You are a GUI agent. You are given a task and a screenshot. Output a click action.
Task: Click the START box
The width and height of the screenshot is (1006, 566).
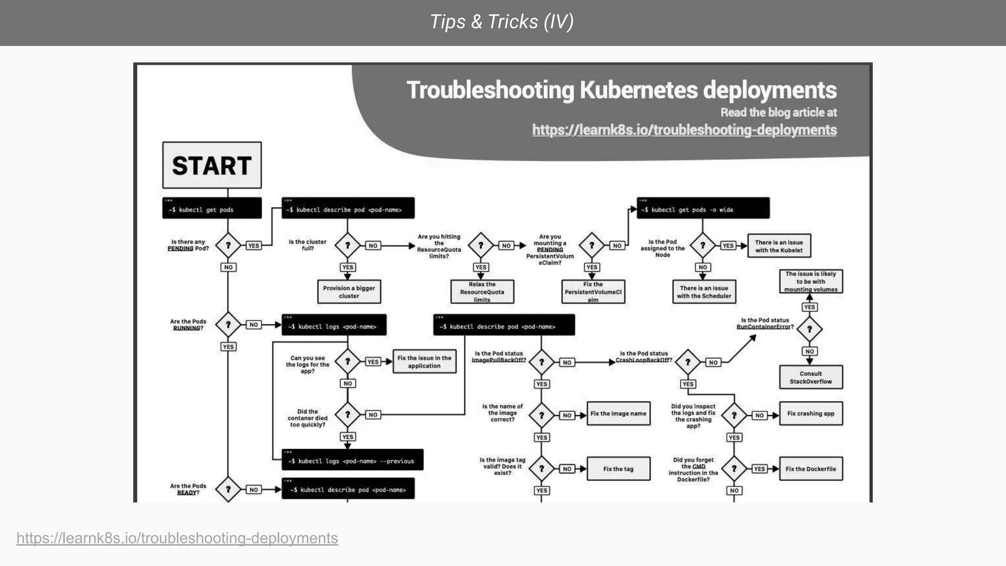(212, 165)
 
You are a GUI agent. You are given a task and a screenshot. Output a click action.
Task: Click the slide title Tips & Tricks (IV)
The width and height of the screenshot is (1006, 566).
(502, 22)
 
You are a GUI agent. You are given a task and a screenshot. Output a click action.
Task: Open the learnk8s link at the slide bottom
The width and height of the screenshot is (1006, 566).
(177, 538)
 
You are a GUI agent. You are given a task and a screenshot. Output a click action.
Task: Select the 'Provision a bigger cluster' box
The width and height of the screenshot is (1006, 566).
(349, 292)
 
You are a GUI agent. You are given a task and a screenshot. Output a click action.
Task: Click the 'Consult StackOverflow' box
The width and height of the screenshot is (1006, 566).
(810, 377)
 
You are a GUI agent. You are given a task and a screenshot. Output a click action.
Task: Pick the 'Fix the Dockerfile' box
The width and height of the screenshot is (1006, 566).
(810, 469)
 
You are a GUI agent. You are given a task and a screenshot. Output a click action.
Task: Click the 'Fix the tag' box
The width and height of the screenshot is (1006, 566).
(618, 469)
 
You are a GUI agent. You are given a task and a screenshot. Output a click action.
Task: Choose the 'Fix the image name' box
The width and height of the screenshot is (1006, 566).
(618, 414)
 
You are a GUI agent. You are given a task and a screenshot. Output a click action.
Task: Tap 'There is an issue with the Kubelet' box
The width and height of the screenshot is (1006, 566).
(779, 246)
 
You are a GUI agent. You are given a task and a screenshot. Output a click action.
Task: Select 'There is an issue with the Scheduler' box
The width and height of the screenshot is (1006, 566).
(704, 292)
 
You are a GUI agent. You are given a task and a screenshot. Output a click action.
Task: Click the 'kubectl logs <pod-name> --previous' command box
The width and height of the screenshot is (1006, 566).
(352, 460)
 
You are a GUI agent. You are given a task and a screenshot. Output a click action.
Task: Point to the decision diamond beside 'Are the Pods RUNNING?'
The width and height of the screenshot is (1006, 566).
(228, 325)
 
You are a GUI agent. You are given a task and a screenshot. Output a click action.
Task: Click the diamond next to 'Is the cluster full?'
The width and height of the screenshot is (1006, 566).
(347, 245)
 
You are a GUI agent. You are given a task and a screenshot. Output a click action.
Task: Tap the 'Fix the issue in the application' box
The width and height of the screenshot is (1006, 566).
(424, 362)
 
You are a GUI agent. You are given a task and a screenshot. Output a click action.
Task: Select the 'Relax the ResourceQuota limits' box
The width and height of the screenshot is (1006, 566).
(482, 292)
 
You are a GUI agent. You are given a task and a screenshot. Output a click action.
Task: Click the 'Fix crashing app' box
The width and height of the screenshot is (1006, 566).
(810, 414)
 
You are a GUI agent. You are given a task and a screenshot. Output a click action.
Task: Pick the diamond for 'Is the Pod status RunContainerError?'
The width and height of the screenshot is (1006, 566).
(810, 329)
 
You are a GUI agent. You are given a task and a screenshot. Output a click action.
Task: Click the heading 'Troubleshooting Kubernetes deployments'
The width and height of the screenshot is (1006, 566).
(621, 90)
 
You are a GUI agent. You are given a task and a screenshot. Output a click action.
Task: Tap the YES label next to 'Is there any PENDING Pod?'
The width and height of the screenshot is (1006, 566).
(253, 246)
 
